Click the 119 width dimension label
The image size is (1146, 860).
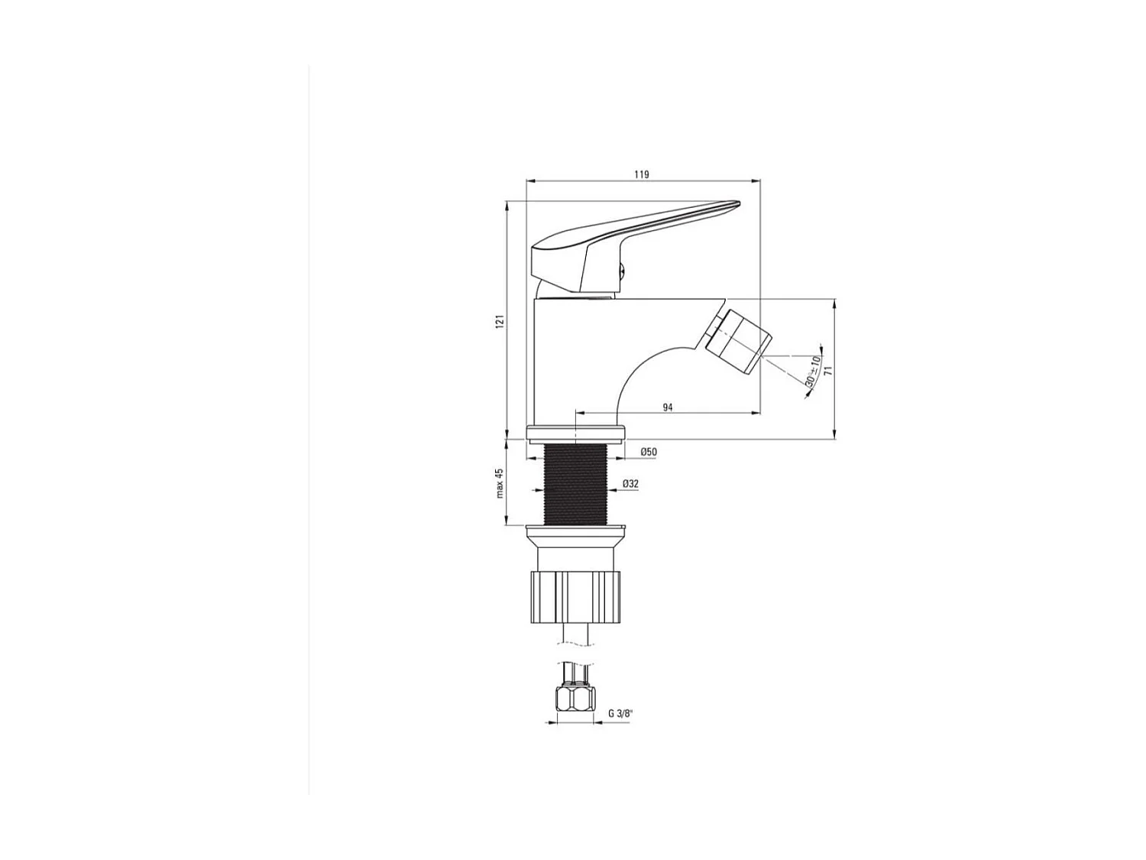pos(641,175)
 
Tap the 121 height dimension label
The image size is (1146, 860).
pos(500,322)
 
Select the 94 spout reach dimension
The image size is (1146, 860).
pos(667,407)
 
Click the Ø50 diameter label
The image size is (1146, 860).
pos(648,453)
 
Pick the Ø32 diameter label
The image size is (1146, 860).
pos(630,484)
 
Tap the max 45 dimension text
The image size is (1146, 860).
pos(500,483)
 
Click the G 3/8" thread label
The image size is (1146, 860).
pos(621,713)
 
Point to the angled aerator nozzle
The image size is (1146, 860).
pos(736,341)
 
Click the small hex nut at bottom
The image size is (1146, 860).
pos(574,699)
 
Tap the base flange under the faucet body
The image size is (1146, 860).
pos(576,432)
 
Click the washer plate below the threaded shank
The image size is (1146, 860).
pos(576,528)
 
